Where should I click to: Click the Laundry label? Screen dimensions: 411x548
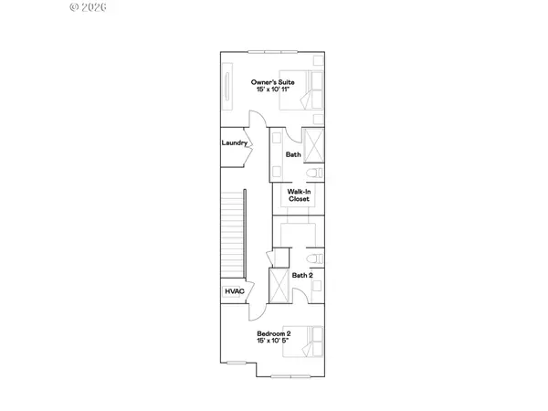[x=235, y=143]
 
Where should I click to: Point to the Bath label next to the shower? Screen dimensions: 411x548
[x=292, y=155]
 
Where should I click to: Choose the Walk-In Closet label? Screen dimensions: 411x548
[x=299, y=195]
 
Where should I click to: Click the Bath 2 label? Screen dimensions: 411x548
[x=302, y=275]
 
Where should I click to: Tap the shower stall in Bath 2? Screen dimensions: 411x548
[x=279, y=286]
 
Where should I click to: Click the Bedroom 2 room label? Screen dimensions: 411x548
[x=273, y=333]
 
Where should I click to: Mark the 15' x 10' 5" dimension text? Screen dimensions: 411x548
[x=273, y=342]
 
